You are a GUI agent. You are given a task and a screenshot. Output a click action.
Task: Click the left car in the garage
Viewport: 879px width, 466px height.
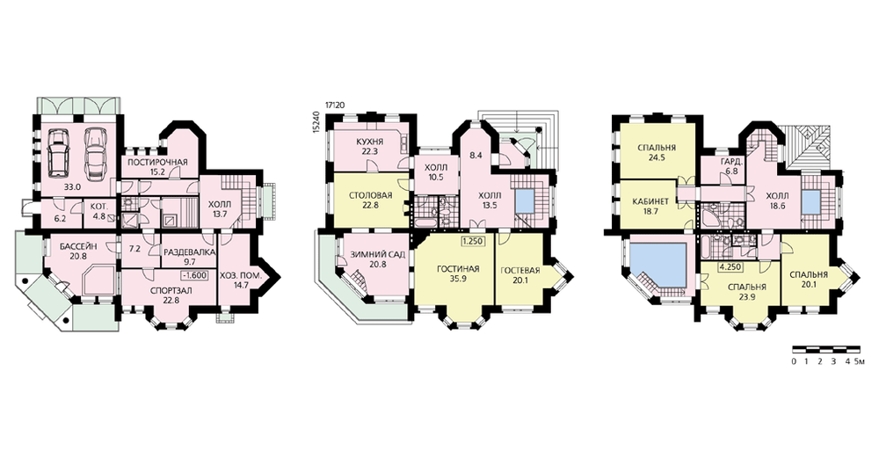tap(58, 151)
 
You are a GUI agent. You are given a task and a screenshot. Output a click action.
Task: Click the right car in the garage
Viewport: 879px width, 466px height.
tap(95, 151)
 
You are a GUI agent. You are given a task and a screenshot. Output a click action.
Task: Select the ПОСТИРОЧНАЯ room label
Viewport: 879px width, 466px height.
tap(157, 162)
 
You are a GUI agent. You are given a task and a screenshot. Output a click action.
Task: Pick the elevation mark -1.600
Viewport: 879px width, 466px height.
tap(194, 275)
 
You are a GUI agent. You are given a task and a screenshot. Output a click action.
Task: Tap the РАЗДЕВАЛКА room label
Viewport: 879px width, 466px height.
tap(189, 252)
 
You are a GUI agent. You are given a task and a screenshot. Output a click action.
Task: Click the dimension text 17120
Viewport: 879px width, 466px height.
tap(334, 105)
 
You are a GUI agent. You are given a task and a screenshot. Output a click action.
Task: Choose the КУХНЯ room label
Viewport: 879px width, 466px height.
tap(369, 142)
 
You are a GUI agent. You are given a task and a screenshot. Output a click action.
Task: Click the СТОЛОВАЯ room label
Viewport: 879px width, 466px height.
tap(371, 195)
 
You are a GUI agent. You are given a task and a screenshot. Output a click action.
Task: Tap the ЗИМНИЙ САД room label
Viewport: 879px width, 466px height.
tap(378, 255)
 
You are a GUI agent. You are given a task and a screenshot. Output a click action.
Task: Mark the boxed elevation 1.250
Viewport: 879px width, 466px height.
tap(473, 243)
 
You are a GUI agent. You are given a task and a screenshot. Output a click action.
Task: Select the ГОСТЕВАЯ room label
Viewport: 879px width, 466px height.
tap(520, 271)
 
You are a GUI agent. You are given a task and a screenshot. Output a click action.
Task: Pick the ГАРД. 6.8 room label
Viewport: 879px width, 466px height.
tap(731, 165)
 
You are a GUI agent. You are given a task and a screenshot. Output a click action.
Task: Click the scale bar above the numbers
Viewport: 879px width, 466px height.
tap(826, 348)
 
